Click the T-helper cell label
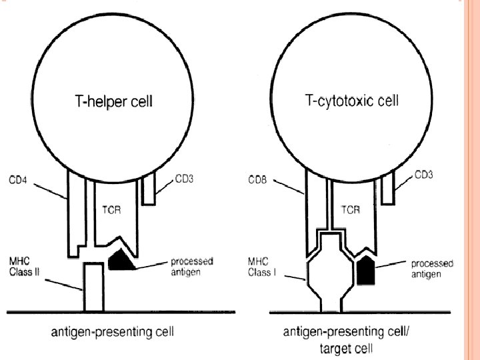point(111,102)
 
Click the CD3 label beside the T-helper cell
point(184,178)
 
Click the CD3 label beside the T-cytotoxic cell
point(424,176)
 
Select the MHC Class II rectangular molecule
point(93,287)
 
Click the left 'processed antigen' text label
point(189,266)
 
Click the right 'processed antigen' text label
point(431,269)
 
